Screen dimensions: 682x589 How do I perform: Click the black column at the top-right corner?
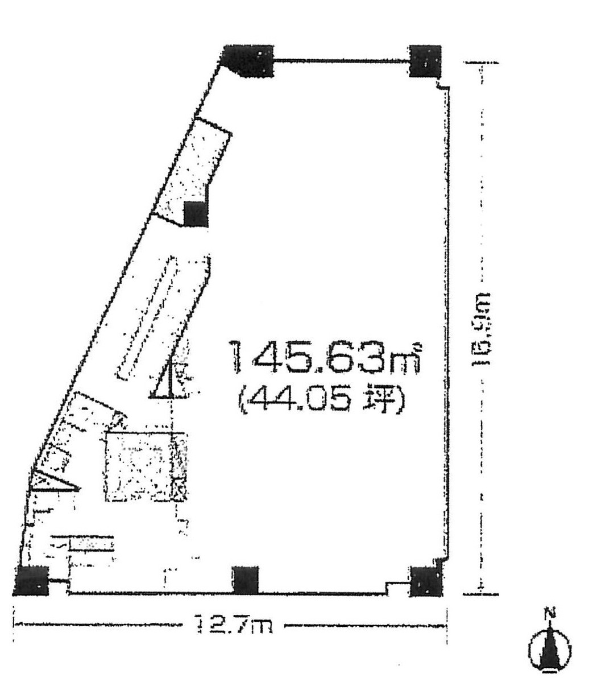coord(425,61)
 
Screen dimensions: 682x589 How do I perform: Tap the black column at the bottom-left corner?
coord(31,581)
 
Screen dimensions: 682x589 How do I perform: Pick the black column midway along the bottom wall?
coord(245,580)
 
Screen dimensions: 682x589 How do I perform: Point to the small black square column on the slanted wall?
coord(196,214)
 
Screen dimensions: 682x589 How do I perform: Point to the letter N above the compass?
coord(549,613)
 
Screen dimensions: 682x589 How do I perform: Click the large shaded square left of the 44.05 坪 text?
coord(140,466)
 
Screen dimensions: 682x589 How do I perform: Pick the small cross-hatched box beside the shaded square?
coord(180,490)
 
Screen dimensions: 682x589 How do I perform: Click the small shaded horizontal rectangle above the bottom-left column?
coord(91,543)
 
